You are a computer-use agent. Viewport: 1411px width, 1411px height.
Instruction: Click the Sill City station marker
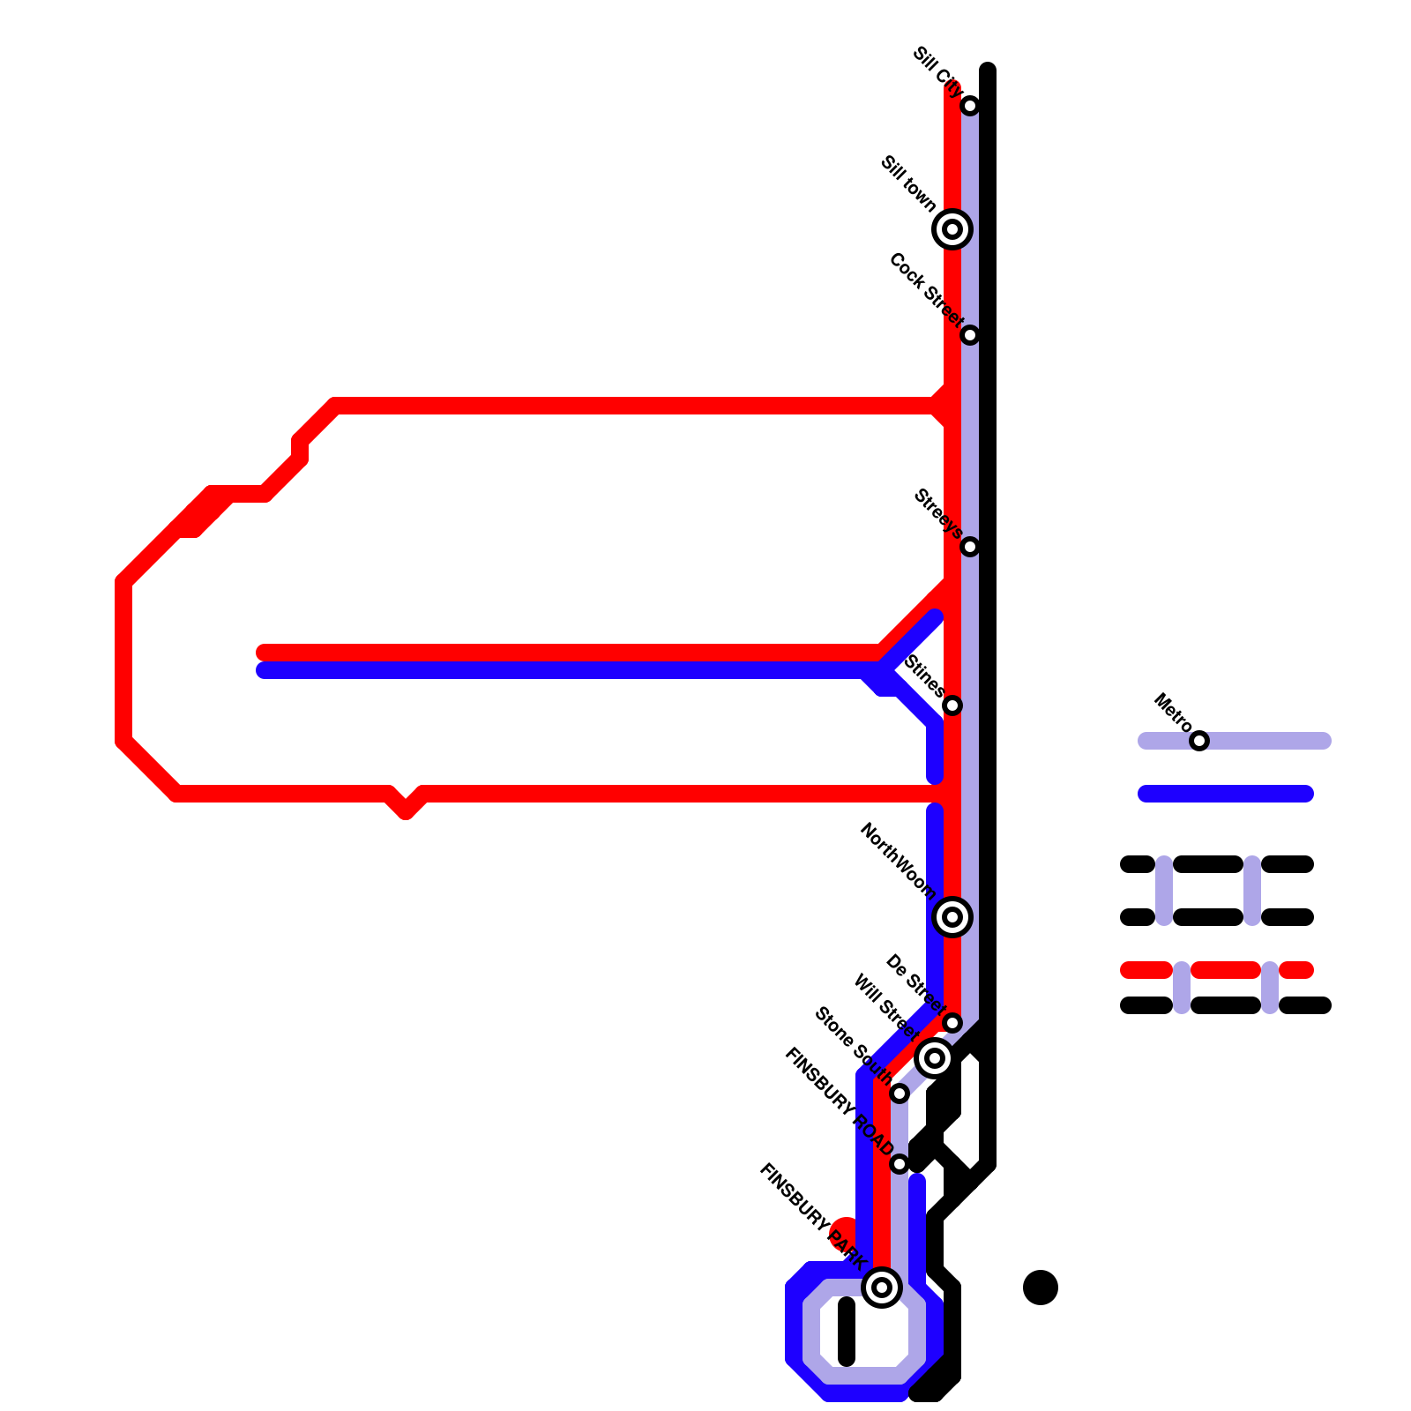click(x=970, y=106)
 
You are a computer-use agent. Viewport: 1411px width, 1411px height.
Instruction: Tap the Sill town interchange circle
click(x=952, y=229)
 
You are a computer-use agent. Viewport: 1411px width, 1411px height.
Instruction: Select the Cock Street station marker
click(x=970, y=335)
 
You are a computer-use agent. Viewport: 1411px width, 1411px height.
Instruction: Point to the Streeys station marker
click(x=970, y=547)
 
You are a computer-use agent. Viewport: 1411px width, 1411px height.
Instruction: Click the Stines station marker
click(x=952, y=705)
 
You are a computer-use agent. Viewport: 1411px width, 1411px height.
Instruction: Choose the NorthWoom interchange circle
click(x=952, y=917)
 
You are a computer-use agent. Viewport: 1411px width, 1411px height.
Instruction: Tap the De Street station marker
click(x=952, y=1023)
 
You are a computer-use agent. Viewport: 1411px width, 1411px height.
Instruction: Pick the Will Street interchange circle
click(x=935, y=1057)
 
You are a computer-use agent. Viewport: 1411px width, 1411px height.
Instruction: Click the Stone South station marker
click(x=900, y=1094)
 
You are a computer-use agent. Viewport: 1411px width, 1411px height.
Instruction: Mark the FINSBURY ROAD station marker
click(x=900, y=1164)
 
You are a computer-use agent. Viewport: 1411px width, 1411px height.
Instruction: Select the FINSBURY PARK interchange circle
click(x=882, y=1288)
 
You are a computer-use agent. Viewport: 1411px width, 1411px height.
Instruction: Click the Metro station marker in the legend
click(x=1199, y=741)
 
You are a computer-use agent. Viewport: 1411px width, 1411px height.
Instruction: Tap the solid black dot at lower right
click(x=1041, y=1288)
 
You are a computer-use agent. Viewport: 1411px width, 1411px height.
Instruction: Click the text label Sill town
click(x=908, y=183)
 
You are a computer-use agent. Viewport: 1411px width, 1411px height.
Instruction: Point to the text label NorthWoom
click(x=898, y=861)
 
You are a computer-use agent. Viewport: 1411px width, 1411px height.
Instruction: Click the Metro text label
click(x=1173, y=713)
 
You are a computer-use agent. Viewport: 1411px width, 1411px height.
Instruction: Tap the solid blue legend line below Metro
click(x=1226, y=794)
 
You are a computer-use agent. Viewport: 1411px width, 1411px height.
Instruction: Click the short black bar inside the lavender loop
click(x=847, y=1332)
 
